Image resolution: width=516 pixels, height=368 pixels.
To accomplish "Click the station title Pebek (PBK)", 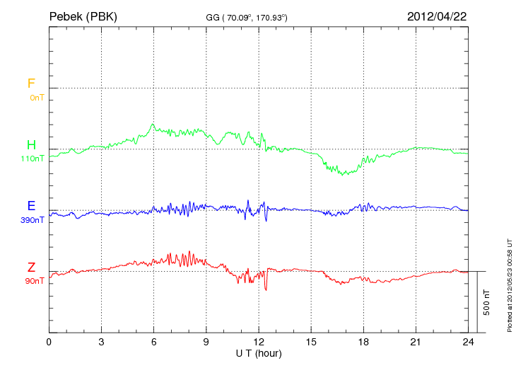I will click(x=83, y=16).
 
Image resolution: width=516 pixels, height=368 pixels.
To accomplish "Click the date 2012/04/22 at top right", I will click(x=436, y=16).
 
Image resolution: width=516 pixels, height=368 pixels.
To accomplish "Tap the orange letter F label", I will click(x=31, y=84).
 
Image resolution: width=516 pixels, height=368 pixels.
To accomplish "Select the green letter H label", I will click(x=31, y=146).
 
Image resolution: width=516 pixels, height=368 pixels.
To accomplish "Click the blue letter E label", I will click(x=31, y=207).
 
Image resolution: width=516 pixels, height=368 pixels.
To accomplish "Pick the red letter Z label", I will click(x=31, y=268).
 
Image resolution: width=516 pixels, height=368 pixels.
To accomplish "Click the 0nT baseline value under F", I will click(x=37, y=98).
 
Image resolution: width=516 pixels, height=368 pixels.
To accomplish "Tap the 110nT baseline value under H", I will click(x=33, y=159).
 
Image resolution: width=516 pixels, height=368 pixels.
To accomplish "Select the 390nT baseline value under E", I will click(x=33, y=220).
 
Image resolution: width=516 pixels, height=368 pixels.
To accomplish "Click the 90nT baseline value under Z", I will click(x=34, y=281).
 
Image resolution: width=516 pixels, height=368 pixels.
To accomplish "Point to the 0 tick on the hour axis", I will click(x=49, y=342).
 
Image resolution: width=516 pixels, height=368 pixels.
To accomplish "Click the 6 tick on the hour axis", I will click(x=153, y=342).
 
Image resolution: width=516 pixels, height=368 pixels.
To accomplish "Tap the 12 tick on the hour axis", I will click(x=258, y=342).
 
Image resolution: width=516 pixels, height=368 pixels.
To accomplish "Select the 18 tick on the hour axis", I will click(x=363, y=342).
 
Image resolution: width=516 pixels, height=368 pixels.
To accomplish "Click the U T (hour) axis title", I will click(x=258, y=352).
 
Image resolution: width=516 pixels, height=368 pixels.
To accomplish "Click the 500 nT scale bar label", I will click(x=487, y=302).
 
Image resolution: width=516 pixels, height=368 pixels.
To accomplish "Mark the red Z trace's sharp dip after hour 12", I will click(x=266, y=289).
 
